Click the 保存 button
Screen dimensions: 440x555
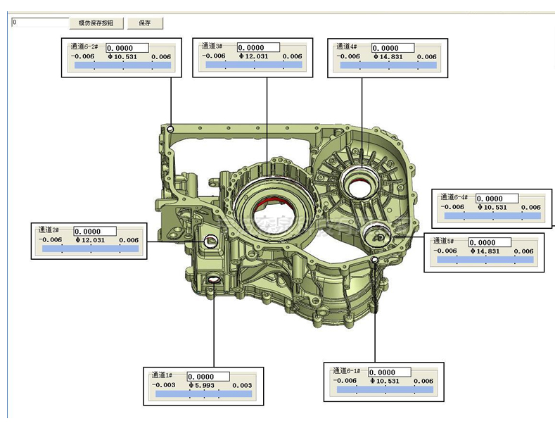pos(145,23)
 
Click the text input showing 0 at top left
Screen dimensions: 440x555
pos(39,23)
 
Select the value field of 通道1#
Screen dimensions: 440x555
pos(210,377)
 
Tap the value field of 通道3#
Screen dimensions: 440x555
pos(259,47)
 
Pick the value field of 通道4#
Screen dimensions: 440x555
pos(394,48)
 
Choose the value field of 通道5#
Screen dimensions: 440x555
pos(491,243)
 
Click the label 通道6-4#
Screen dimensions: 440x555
pos(455,199)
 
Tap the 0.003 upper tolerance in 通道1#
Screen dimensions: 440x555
pos(241,386)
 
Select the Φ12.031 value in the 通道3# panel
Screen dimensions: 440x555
pos(253,56)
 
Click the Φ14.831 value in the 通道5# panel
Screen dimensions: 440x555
pos(485,251)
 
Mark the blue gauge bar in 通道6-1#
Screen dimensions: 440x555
pos(385,389)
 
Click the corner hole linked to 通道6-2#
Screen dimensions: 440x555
pos(171,129)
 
